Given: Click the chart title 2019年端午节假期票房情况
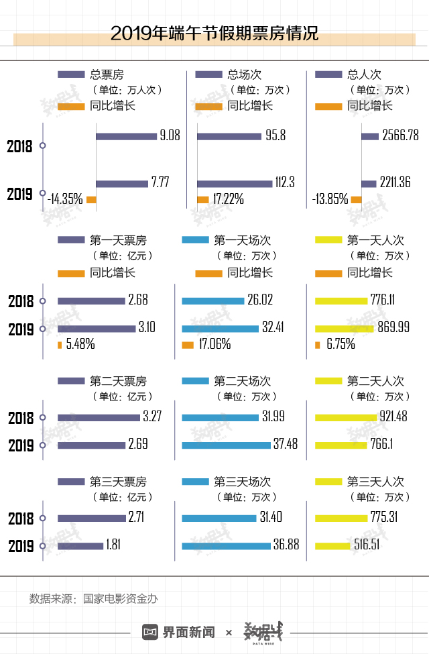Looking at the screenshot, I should pyautogui.click(x=214, y=34).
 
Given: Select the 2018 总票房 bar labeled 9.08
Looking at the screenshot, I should pyautogui.click(x=126, y=136).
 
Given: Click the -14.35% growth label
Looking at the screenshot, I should pyautogui.click(x=65, y=199).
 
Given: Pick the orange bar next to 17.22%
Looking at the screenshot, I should pyautogui.click(x=202, y=199).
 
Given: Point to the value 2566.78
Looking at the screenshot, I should pyautogui.click(x=400, y=136).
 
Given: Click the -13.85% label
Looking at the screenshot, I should pyautogui.click(x=330, y=199).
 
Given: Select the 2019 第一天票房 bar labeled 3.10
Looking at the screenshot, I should pyautogui.click(x=97, y=329).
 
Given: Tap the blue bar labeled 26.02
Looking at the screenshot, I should pyautogui.click(x=212, y=301).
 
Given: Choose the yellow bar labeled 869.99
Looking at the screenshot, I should pyautogui.click(x=344, y=329).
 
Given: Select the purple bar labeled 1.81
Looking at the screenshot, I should pyautogui.click(x=80, y=545).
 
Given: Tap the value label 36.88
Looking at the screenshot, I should pyautogui.click(x=286, y=545).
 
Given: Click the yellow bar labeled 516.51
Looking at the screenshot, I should pyautogui.click(x=332, y=545).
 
